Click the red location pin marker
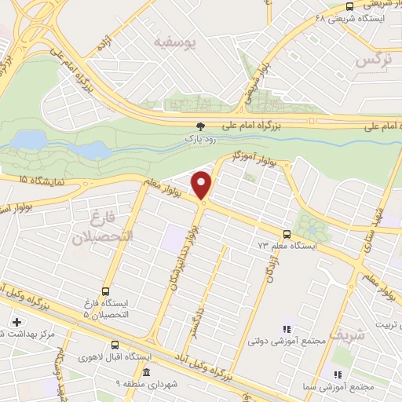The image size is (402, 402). (x=203, y=185)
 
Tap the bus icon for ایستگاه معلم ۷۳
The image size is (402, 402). (x=287, y=233)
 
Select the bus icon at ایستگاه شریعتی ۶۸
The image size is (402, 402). (x=349, y=7)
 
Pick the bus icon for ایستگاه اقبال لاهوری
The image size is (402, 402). (x=115, y=345)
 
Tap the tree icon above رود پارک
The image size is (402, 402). (x=200, y=126)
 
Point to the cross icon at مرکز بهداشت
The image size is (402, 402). (x=17, y=322)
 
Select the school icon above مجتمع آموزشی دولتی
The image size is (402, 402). (x=287, y=329)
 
